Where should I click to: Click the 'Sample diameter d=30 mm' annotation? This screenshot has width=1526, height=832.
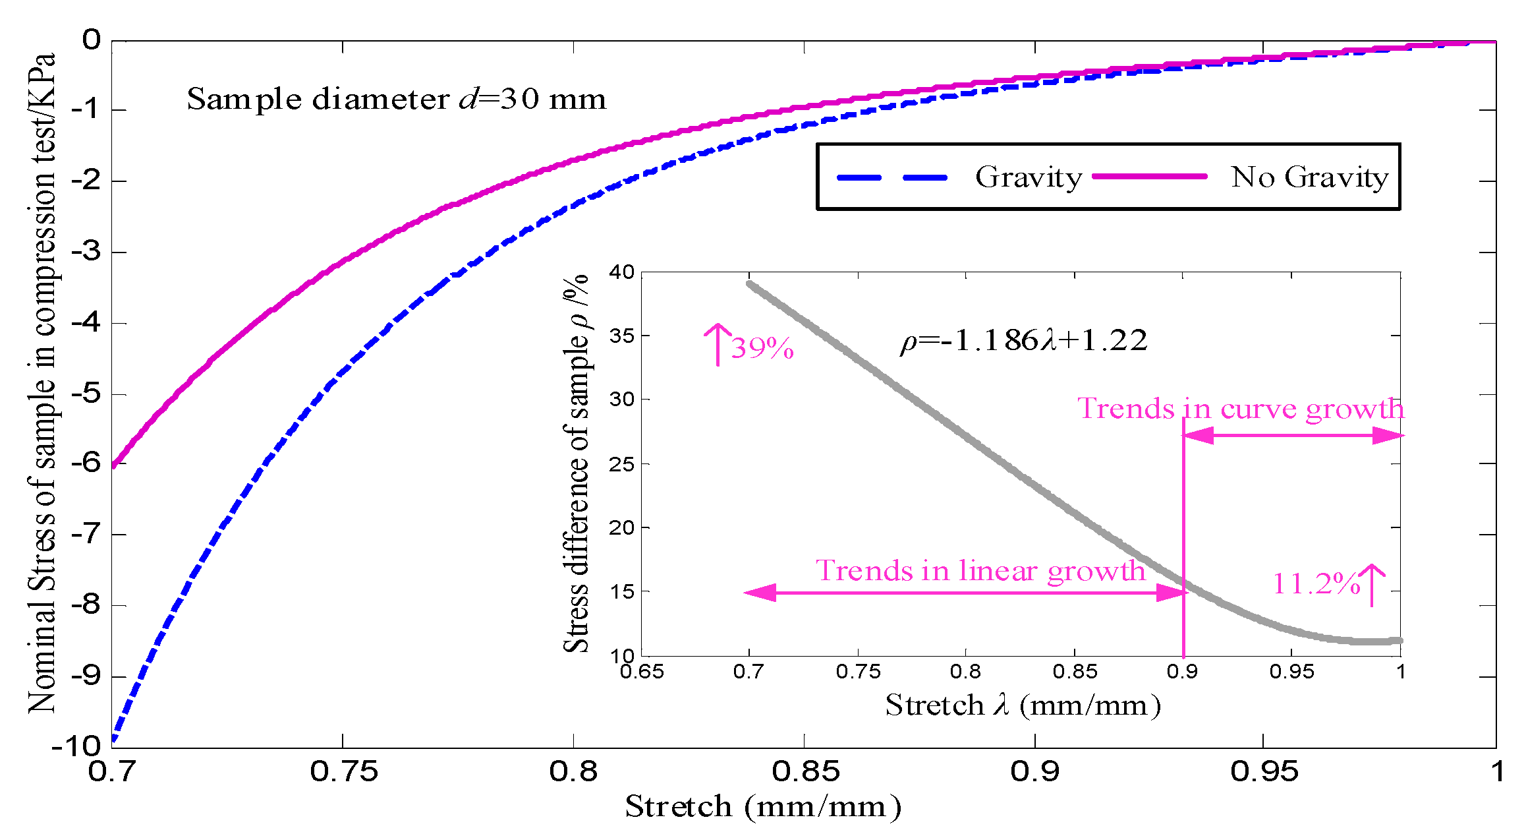[396, 100]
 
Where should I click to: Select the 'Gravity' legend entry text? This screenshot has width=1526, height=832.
[1028, 177]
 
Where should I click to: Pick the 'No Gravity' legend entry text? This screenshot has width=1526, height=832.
[1309, 177]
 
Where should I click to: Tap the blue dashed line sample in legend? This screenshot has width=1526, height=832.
[892, 177]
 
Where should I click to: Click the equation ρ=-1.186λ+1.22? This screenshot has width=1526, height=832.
[1023, 341]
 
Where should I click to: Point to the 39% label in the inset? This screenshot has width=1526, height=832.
[762, 348]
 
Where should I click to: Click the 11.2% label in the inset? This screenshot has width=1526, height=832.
[1315, 583]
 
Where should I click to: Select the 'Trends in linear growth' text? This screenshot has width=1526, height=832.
[980, 571]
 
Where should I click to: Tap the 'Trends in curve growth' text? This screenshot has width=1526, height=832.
[1240, 409]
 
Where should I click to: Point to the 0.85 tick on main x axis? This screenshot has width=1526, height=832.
[805, 771]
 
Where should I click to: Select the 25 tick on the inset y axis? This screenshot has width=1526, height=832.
[621, 464]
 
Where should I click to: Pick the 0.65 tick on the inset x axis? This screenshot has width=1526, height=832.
[642, 672]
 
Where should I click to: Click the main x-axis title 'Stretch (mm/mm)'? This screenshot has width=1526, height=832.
[762, 806]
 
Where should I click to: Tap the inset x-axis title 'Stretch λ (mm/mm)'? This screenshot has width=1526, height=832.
[1023, 705]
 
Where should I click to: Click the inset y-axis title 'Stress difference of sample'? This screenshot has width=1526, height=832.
[576, 461]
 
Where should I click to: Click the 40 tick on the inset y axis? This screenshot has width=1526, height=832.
[621, 272]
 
